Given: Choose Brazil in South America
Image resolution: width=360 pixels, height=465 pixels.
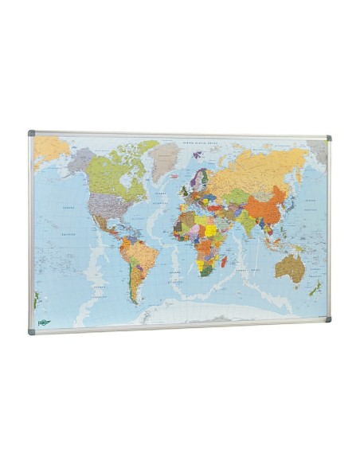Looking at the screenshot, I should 144,255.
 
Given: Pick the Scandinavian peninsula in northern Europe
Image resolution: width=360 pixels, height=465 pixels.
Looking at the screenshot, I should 198,176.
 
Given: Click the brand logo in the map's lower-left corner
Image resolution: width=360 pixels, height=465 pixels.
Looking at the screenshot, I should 44,322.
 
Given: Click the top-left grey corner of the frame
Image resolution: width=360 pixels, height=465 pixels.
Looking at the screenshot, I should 32,134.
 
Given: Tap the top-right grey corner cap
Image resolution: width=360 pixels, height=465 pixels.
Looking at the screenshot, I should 328,139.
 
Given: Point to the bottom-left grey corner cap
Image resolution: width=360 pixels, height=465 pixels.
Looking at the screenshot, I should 33,329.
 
